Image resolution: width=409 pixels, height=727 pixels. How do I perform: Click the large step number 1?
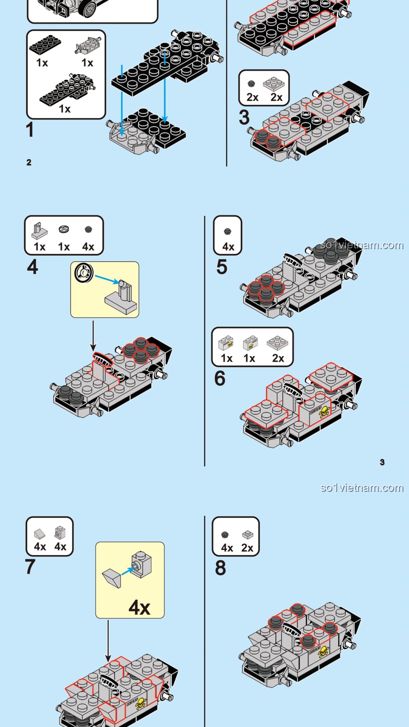coord(30,129)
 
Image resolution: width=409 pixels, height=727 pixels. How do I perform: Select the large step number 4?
coord(33,267)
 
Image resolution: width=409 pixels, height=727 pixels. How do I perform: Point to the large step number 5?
coord(222,267)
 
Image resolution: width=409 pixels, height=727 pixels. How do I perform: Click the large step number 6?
coord(220,378)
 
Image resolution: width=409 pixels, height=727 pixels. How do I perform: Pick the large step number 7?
coord(30,567)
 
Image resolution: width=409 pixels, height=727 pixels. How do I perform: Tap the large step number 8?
coord(220,568)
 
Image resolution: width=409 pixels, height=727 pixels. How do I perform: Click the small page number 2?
coord(29,162)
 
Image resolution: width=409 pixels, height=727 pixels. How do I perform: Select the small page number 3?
coord(382,462)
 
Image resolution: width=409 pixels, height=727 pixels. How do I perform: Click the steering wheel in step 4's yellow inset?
coord(84,273)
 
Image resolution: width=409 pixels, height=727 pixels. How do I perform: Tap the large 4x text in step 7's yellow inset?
coord(139,607)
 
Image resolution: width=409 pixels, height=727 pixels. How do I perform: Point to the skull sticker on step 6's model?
coord(324,412)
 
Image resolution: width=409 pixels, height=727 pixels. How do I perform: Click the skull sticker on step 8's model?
coord(323,651)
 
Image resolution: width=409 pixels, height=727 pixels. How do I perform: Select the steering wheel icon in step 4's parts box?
coord(64,229)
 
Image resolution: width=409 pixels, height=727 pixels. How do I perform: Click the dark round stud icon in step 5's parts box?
coord(227,231)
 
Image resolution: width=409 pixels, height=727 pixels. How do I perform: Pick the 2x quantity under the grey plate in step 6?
coord(278,358)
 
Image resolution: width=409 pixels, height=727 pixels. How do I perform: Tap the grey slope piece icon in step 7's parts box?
coord(40,534)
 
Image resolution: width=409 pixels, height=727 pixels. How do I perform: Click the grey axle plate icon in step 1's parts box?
coord(88,45)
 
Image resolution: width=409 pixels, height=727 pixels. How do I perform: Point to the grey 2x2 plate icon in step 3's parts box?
coord(274,84)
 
